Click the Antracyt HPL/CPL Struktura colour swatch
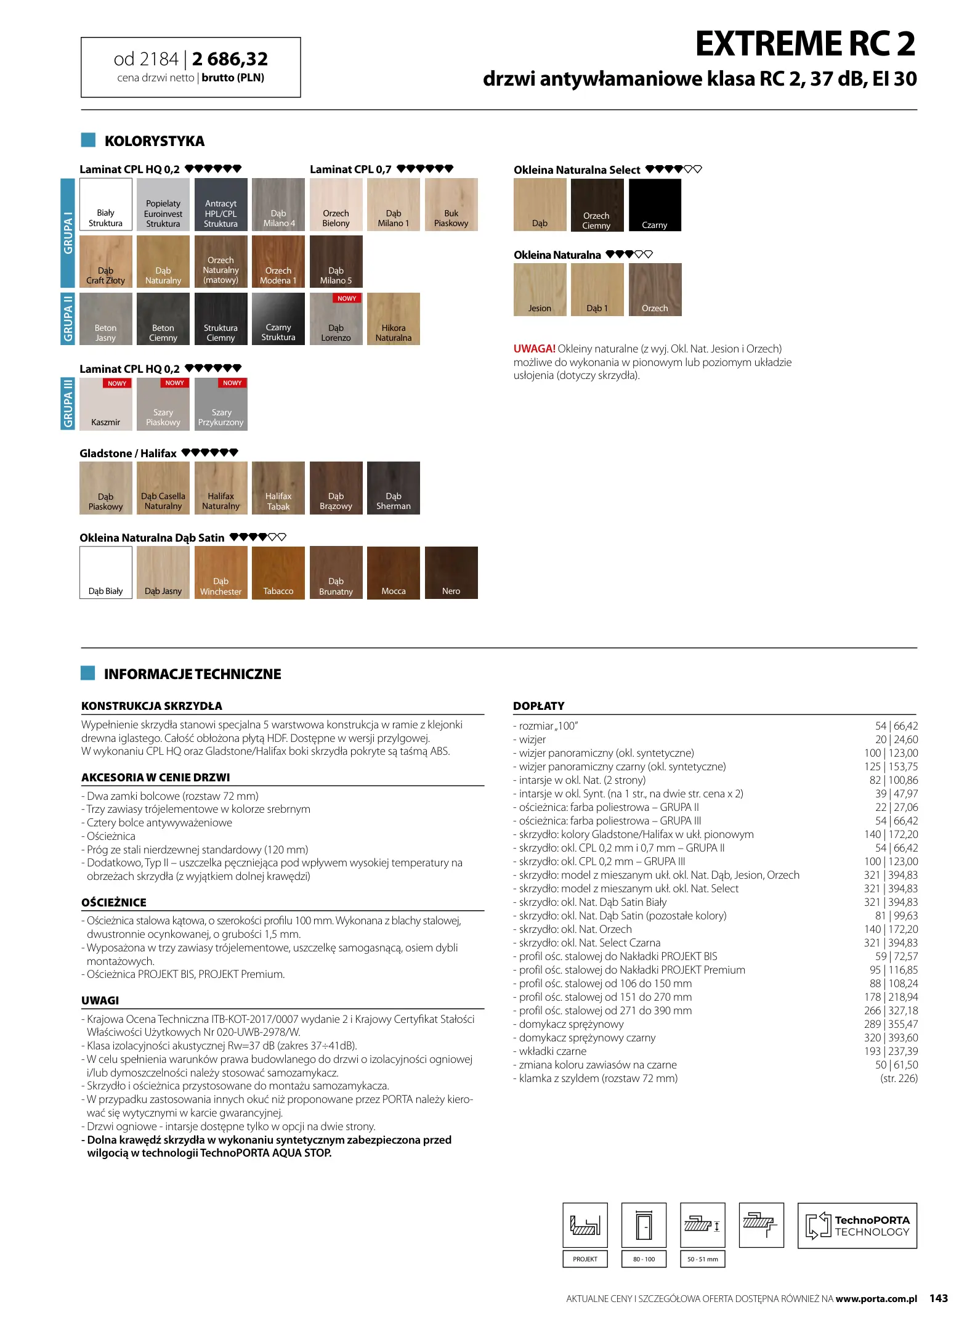pos(220,205)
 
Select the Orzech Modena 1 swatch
pos(278,261)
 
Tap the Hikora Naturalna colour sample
pos(393,319)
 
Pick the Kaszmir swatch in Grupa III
pos(105,404)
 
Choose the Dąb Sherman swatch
pos(393,487)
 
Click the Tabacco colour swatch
pos(278,572)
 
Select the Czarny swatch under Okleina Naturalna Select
pos(654,205)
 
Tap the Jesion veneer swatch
pos(540,290)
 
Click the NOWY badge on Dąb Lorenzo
pos(347,298)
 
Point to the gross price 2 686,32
pos(230,59)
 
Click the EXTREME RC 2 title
pos(805,44)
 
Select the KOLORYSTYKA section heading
pos(154,141)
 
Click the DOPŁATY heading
pos(538,706)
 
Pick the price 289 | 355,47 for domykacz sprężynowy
pos(890,1024)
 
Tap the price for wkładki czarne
pos(890,1051)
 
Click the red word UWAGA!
pos(534,349)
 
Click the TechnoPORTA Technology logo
pos(857,1226)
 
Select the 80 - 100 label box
pos(644,1259)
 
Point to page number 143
pos(938,1298)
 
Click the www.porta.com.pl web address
pos(876,1299)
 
